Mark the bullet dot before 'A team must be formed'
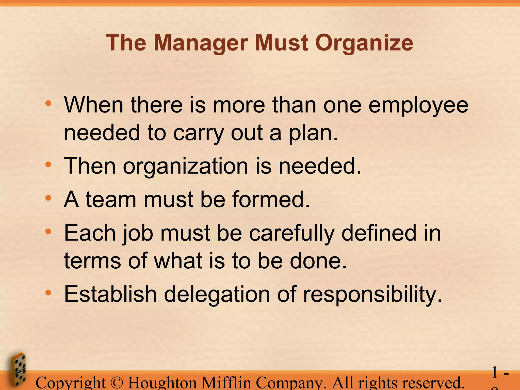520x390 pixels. (x=48, y=198)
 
